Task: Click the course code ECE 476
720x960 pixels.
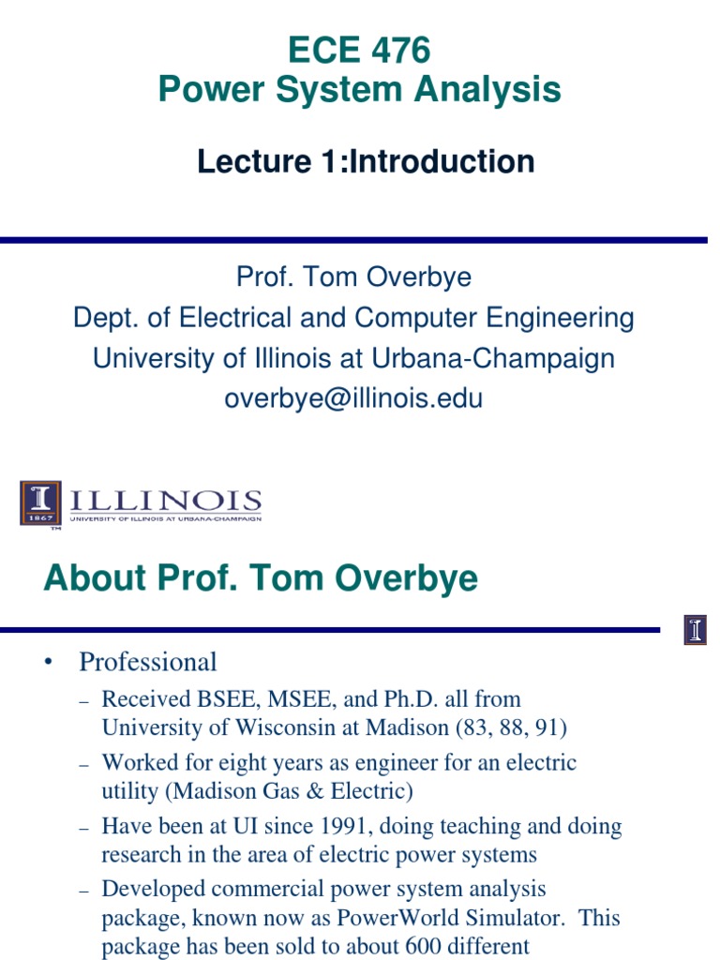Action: pyautogui.click(x=359, y=51)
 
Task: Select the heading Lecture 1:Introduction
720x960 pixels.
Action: pyautogui.click(x=366, y=161)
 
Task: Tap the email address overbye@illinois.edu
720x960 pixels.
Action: pyautogui.click(x=353, y=398)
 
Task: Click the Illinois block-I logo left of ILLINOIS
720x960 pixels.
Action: pyautogui.click(x=40, y=503)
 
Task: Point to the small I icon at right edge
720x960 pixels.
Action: pyautogui.click(x=695, y=630)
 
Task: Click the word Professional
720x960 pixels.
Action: pyautogui.click(x=148, y=662)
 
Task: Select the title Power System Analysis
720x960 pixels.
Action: pyautogui.click(x=359, y=90)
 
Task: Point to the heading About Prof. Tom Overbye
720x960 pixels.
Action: pyautogui.click(x=261, y=578)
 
